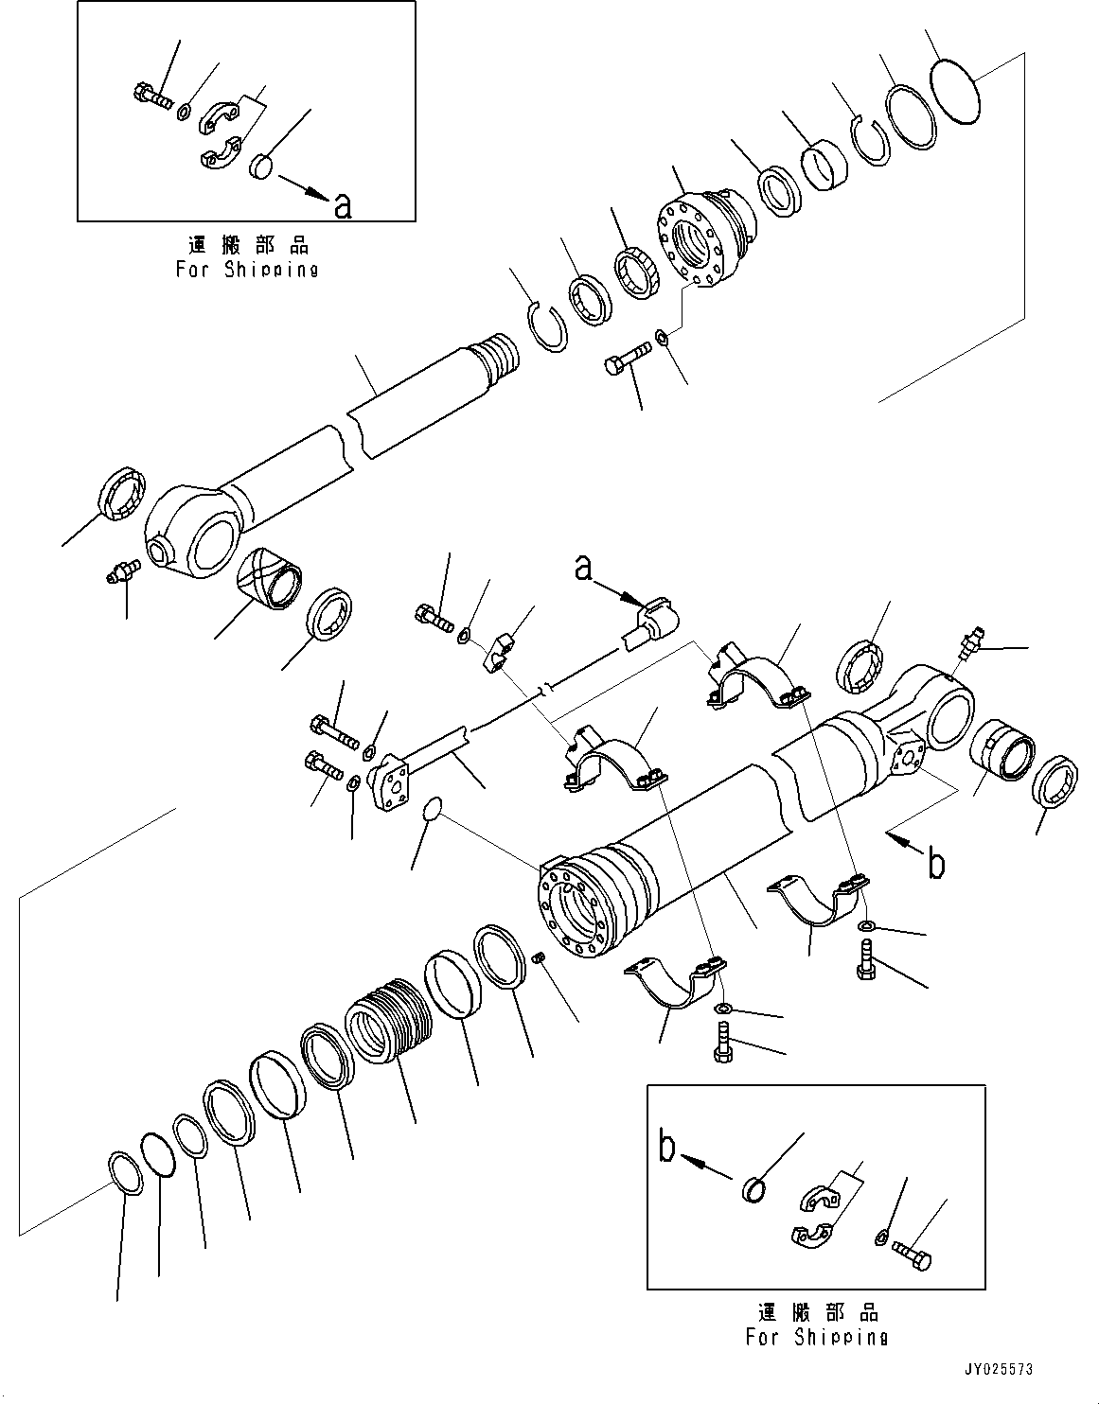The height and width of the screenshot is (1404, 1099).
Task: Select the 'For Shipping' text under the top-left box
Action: point(247,269)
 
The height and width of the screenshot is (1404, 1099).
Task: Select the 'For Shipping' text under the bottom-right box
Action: point(816,1337)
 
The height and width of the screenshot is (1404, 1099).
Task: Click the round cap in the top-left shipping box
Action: point(260,169)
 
